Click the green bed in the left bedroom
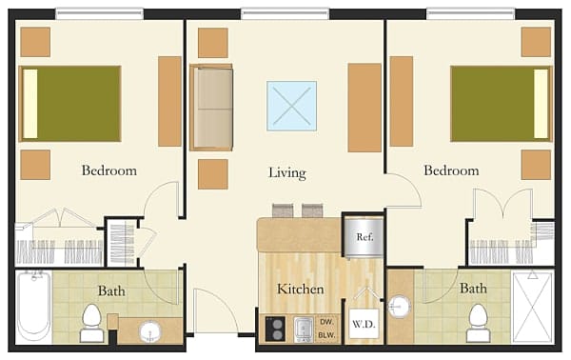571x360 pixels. tap(70, 103)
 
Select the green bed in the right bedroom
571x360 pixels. tap(501, 103)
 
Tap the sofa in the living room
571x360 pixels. tap(211, 108)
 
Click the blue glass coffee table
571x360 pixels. tap(291, 106)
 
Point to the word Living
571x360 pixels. tap(286, 173)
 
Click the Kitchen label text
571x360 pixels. tap(300, 290)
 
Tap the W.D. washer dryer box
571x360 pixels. tap(364, 324)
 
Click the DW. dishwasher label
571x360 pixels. tap(327, 322)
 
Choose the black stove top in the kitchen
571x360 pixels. tap(275, 329)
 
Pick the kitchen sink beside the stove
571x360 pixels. tap(304, 329)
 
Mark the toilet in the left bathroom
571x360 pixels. tap(92, 321)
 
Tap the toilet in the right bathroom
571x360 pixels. tap(477, 321)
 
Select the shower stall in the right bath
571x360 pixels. tap(532, 307)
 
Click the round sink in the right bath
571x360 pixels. tap(401, 308)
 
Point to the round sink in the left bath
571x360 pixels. tap(150, 332)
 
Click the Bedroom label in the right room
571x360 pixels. tap(451, 171)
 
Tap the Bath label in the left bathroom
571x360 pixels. tap(111, 290)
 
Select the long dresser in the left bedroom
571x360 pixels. tap(169, 101)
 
